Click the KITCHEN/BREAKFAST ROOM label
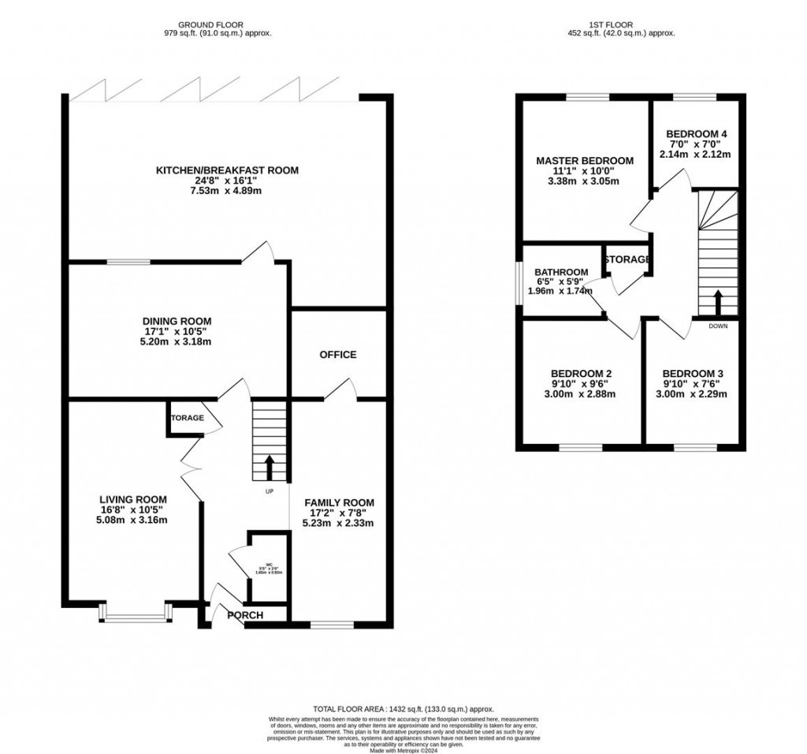227,170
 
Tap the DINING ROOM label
177,321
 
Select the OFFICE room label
338,355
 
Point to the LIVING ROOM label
133,499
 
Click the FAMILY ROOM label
339,502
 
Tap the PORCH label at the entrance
245,615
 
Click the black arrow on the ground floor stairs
270,467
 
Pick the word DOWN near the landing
718,326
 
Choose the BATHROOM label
561,272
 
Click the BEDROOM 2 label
582,374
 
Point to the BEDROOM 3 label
693,374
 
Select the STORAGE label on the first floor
627,259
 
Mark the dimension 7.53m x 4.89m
227,192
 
